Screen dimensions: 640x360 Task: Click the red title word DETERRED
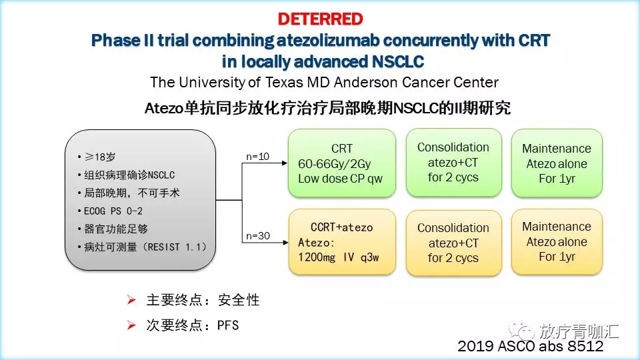click(x=321, y=19)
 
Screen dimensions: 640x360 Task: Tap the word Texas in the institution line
click(x=283, y=83)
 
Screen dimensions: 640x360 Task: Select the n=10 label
click(x=257, y=156)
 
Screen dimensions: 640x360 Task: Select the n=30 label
click(x=258, y=235)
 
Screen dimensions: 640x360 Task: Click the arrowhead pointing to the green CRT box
click(x=285, y=163)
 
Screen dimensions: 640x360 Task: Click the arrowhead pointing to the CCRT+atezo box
click(x=285, y=243)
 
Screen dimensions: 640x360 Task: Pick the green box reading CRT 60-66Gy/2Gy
click(x=341, y=163)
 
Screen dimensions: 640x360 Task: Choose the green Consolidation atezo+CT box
click(x=453, y=163)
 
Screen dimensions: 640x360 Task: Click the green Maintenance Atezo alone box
click(x=557, y=163)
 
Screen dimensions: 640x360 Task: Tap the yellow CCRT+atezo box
click(x=341, y=242)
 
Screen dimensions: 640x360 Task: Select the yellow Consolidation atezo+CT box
click(x=453, y=243)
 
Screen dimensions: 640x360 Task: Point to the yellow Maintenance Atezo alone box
click(x=557, y=241)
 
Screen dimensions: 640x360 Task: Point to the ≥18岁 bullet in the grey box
click(x=100, y=157)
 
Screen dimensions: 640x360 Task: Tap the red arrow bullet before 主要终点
click(x=131, y=300)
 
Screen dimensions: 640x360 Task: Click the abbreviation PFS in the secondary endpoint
click(x=228, y=325)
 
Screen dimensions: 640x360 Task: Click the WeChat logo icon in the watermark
click(x=521, y=331)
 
